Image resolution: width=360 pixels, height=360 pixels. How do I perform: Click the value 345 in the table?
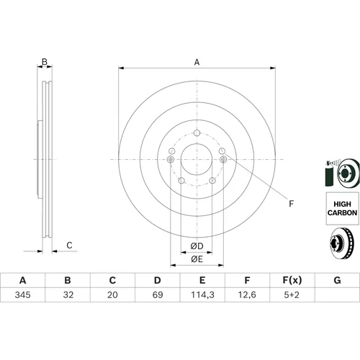coord(23,294)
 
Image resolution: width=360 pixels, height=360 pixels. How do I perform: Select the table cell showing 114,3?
coord(202,294)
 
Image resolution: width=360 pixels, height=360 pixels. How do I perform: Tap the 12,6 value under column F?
coord(247,294)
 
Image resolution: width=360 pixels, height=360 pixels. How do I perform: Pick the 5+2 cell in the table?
coord(292,294)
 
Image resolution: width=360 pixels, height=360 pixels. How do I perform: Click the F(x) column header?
coord(292,280)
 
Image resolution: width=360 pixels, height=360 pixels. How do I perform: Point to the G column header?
coord(337,280)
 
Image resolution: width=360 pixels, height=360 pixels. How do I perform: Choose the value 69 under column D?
coord(158,294)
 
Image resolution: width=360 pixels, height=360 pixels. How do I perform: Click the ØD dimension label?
coord(197,246)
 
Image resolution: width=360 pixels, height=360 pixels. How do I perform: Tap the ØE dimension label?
coord(197,259)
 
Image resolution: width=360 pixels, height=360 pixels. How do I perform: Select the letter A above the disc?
coord(197,62)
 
